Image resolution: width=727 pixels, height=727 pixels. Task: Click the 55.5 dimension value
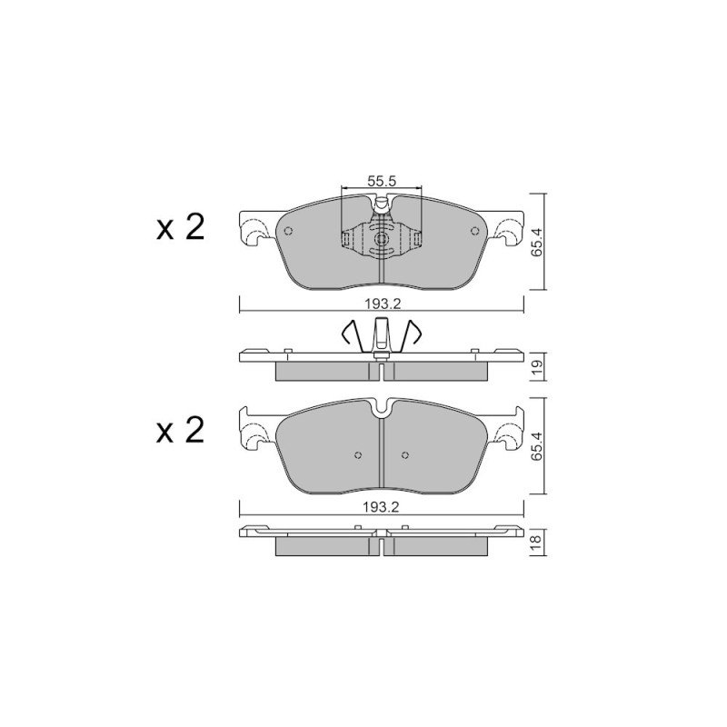tap(382, 181)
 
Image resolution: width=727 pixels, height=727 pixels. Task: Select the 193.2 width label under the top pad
tap(382, 304)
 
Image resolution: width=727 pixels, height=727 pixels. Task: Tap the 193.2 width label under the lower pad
tap(382, 507)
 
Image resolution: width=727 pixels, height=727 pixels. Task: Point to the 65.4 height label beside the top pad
tap(537, 242)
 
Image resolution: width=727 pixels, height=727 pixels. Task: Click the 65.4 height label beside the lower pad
tap(537, 445)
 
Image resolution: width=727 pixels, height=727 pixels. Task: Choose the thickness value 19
tap(537, 367)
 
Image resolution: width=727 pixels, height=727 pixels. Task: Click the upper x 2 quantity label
tap(180, 228)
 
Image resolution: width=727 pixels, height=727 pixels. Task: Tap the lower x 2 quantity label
tap(180, 431)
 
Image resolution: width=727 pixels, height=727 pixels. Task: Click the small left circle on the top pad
tap(288, 231)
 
